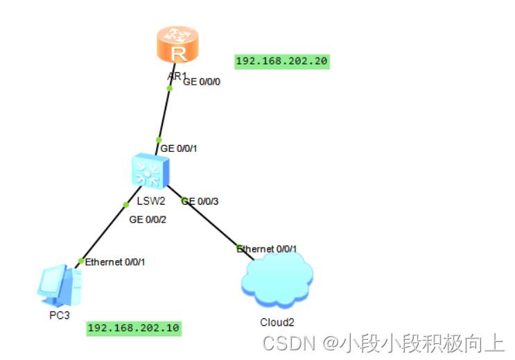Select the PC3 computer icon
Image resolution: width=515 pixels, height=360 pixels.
60,285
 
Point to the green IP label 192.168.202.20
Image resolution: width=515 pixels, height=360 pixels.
281,61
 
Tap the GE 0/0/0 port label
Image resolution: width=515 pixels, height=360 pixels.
202,81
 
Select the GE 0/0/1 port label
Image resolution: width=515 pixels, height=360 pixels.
180,148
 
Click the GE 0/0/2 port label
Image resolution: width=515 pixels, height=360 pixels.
148,219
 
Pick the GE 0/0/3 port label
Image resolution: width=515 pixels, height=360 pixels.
200,201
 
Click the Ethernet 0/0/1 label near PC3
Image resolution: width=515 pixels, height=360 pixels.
115,262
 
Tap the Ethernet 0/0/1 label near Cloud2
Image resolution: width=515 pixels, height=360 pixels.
267,248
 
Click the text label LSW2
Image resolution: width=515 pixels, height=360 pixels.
150,201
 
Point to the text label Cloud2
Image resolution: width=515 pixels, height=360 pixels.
277,322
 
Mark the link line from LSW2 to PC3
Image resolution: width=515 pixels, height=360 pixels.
104,233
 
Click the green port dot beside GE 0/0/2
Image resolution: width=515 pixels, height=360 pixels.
126,205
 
